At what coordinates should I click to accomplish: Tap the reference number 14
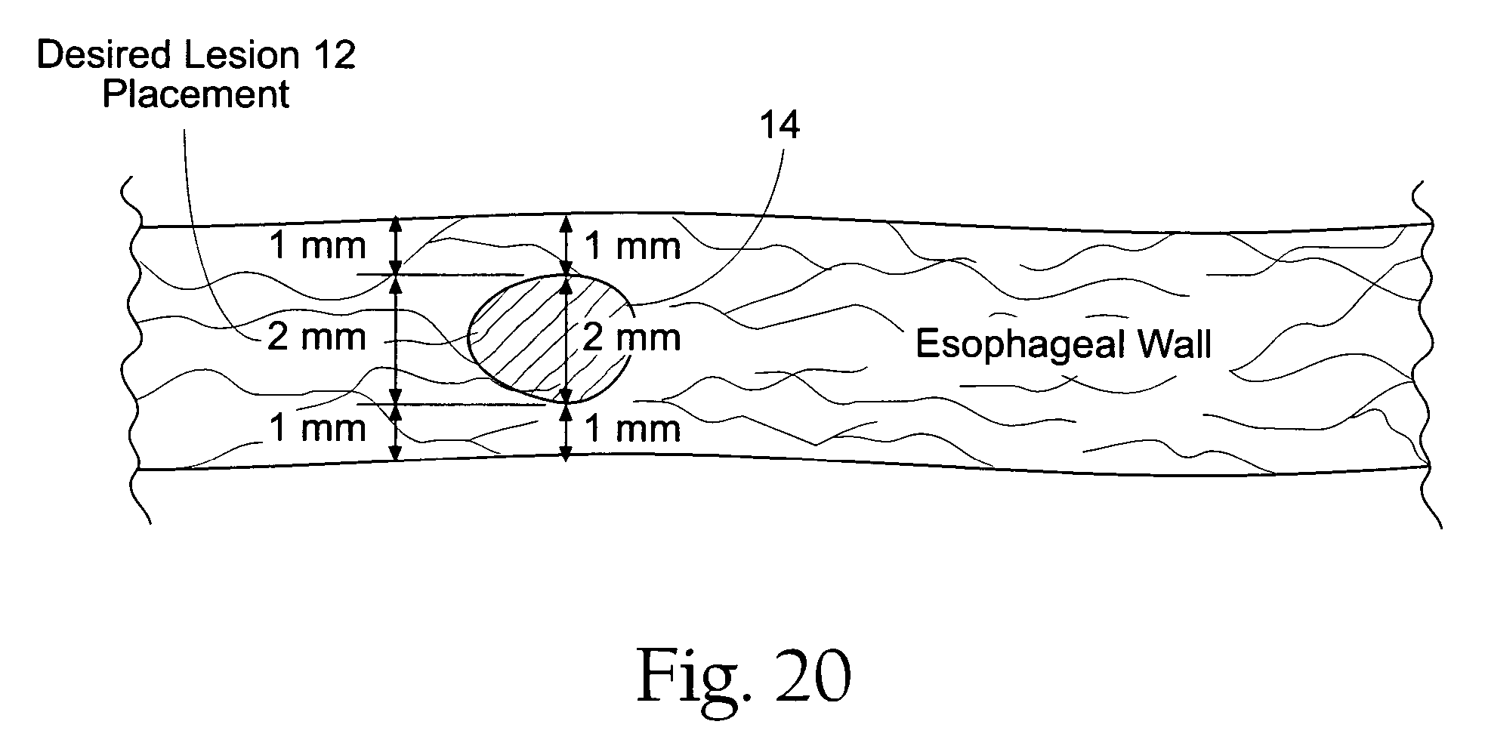[779, 125]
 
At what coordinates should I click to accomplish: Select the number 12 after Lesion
[332, 56]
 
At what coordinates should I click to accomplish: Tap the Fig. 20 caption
[745, 676]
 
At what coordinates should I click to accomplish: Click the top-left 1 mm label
[317, 246]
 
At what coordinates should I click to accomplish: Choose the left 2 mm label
[317, 337]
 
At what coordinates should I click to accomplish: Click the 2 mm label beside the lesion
[631, 338]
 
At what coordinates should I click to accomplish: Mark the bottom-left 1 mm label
[317, 428]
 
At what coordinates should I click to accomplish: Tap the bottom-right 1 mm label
[633, 429]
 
